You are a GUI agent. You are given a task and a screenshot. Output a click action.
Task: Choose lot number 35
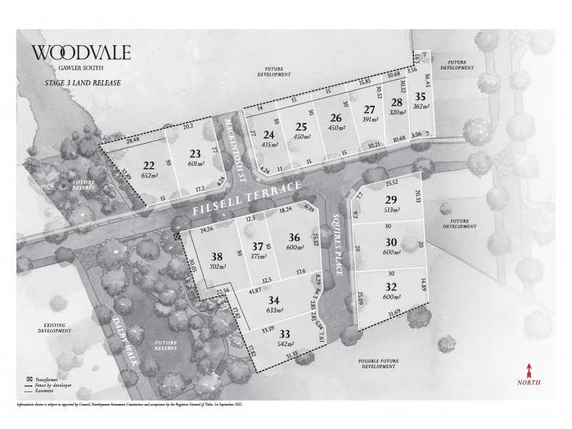[420, 97]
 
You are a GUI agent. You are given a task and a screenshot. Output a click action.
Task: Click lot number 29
[390, 199]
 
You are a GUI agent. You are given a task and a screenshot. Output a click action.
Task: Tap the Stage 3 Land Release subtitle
[74, 83]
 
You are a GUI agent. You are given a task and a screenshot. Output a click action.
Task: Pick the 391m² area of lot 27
[369, 121]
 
